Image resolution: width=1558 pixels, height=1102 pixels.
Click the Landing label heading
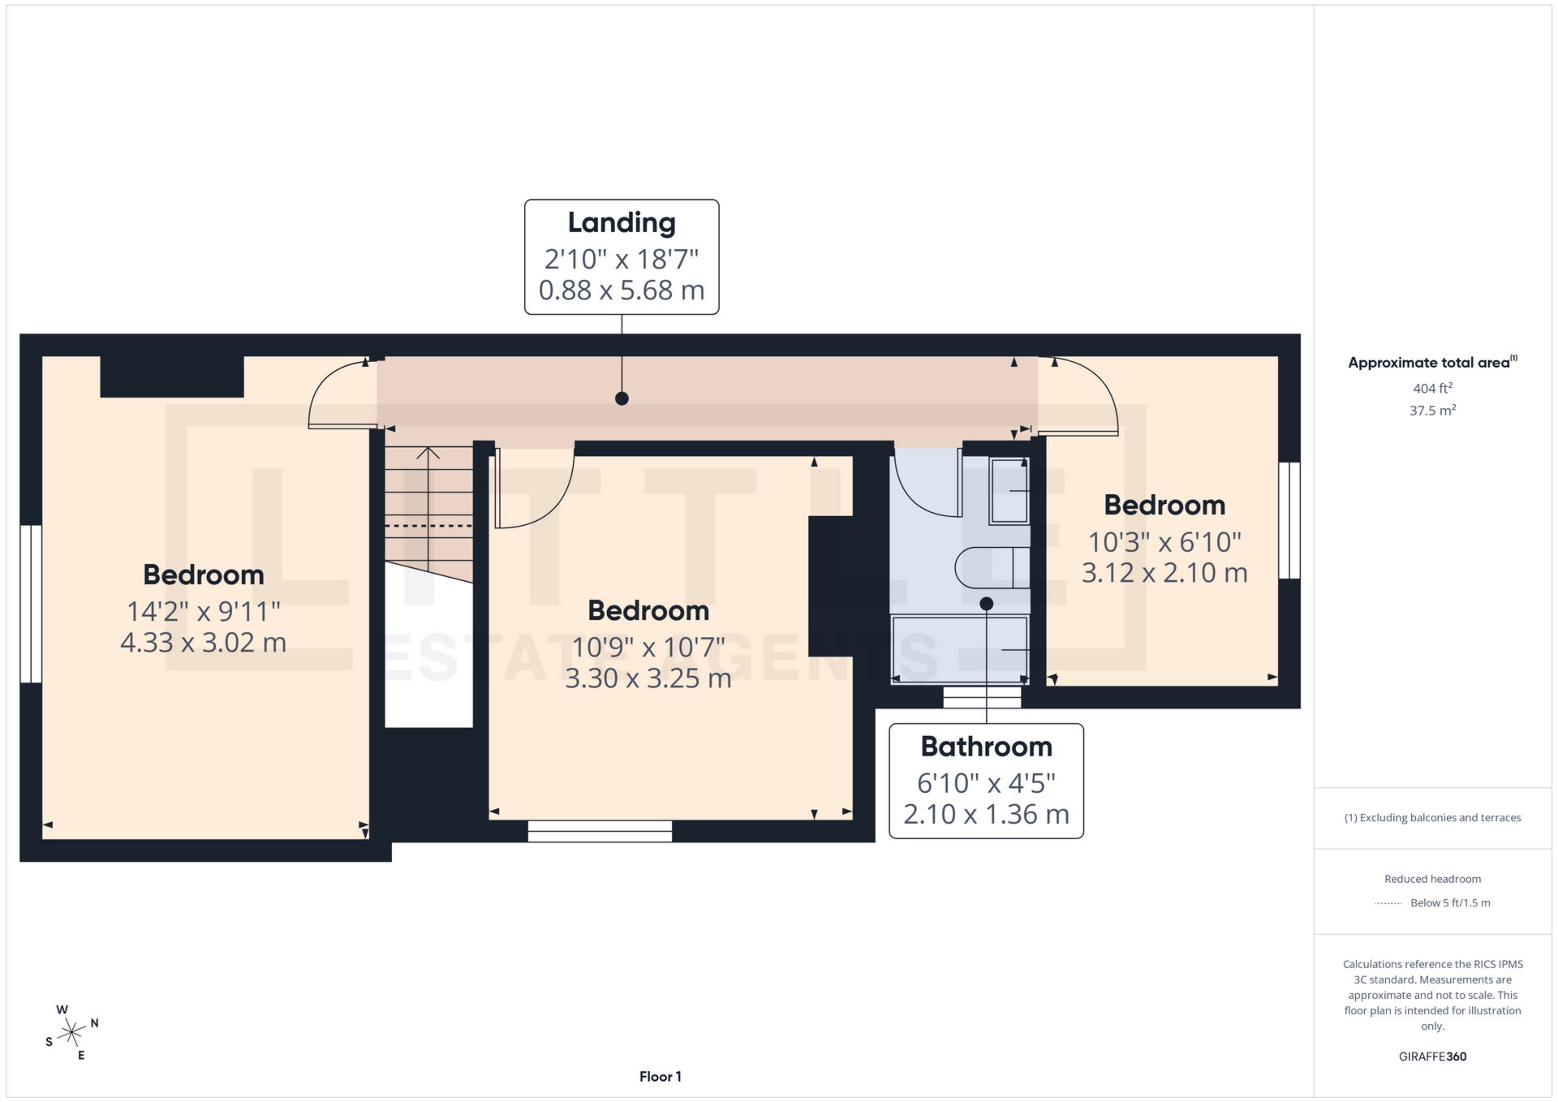tap(621, 222)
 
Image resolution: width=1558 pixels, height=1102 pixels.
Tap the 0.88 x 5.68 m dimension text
tap(621, 290)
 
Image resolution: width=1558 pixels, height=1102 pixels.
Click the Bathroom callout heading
tap(986, 747)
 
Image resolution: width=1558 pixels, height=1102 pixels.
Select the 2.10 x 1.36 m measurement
tap(986, 814)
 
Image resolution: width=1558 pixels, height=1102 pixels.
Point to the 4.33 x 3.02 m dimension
tap(203, 643)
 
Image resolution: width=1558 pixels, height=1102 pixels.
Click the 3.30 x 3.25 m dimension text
tap(648, 678)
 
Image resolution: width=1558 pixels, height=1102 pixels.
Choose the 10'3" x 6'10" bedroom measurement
tap(1164, 542)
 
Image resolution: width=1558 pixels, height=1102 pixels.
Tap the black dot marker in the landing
tap(622, 398)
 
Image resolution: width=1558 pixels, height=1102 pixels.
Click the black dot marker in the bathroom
tap(986, 604)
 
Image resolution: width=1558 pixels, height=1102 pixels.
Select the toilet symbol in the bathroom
tap(992, 567)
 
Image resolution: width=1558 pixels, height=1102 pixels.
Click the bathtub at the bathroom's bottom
tap(960, 650)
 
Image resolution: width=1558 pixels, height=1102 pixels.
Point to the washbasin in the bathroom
tap(1009, 491)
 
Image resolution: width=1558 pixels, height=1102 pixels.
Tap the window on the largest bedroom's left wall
tap(31, 604)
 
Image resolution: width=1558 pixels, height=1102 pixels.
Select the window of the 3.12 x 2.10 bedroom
tap(1289, 520)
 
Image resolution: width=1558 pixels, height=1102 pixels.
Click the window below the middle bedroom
tap(600, 831)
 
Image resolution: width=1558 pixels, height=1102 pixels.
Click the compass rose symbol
tap(72, 1033)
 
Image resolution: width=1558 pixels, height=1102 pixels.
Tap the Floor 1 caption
tap(660, 1077)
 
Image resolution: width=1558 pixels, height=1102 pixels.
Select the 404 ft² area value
tap(1432, 389)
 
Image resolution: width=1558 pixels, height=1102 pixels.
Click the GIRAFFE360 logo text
tap(1432, 1057)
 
